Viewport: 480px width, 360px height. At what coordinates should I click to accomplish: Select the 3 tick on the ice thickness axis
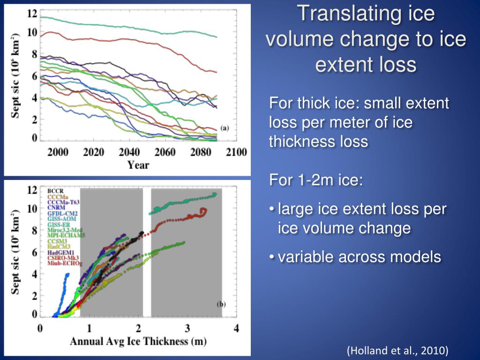(187, 328)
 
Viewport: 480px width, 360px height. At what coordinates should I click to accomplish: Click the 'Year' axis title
(138, 165)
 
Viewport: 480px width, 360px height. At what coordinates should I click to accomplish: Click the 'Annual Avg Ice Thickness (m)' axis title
(138, 341)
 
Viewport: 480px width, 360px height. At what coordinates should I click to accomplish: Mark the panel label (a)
(225, 128)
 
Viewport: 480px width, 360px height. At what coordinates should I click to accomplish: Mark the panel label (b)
(221, 304)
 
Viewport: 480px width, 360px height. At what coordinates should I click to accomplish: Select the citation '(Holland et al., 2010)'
(397, 350)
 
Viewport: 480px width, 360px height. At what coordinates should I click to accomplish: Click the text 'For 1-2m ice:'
(316, 180)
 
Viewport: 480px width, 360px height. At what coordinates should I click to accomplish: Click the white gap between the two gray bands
(147, 253)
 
